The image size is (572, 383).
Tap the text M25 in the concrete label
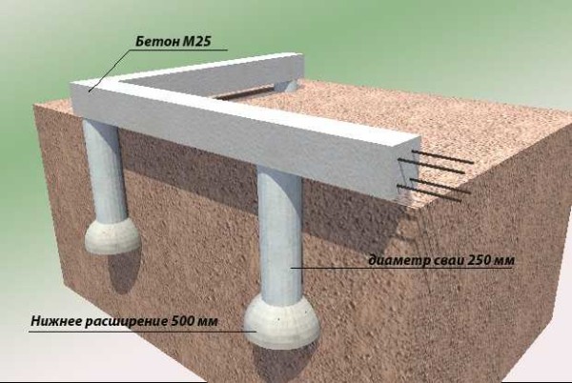pos(196,41)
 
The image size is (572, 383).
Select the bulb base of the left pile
pos(112,235)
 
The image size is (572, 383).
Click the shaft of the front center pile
pos(280,233)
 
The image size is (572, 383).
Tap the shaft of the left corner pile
pos(106,171)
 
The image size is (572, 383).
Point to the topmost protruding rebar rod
pos(442,156)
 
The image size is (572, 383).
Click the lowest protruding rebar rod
pos(429,192)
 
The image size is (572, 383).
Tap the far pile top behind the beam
pos(287,85)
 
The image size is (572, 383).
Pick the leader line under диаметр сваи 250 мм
pos(401,269)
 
